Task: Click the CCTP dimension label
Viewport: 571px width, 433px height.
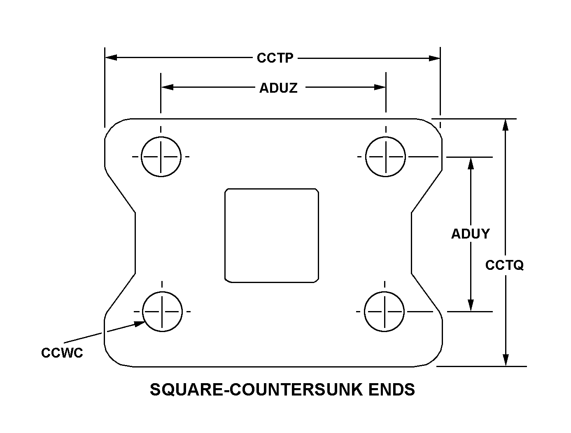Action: pyautogui.click(x=275, y=58)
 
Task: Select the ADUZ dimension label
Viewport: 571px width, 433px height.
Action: pyautogui.click(x=278, y=88)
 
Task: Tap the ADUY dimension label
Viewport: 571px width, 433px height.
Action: pyautogui.click(x=470, y=234)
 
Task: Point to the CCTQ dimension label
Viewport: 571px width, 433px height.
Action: pyautogui.click(x=504, y=265)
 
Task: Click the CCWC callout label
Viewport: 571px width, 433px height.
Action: pyautogui.click(x=62, y=353)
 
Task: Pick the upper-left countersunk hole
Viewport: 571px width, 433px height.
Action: pyautogui.click(x=161, y=157)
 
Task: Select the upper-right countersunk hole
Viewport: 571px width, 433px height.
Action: pyautogui.click(x=386, y=157)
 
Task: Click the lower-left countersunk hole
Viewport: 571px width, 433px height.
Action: pyautogui.click(x=162, y=311)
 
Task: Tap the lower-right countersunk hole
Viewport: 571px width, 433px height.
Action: pyautogui.click(x=385, y=311)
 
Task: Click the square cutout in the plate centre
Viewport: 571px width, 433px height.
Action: pyautogui.click(x=272, y=236)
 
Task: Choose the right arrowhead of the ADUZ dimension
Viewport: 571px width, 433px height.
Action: pyautogui.click(x=380, y=87)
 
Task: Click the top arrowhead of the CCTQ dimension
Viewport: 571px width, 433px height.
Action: pyautogui.click(x=506, y=125)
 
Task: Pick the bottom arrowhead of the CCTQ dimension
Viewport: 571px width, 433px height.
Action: pyautogui.click(x=506, y=360)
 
